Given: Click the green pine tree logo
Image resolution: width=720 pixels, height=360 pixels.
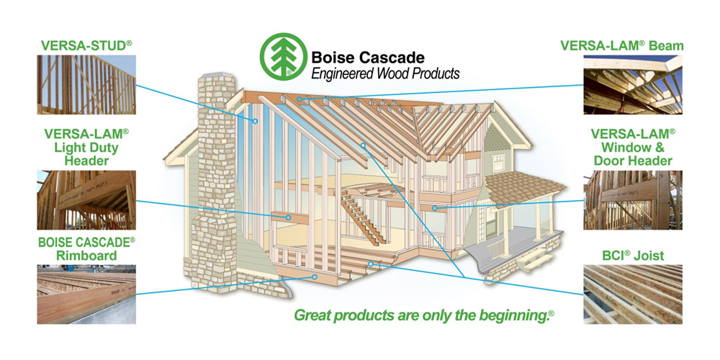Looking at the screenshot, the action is point(283,56).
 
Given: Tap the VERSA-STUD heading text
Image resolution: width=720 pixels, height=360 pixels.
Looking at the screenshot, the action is point(86,45).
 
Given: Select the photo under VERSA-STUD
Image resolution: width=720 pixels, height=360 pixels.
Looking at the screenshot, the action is point(86,84).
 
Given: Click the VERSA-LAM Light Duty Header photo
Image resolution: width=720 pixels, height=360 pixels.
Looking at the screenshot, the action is point(86,200).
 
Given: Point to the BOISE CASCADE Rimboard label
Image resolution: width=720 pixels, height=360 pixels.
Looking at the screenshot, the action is point(86,248).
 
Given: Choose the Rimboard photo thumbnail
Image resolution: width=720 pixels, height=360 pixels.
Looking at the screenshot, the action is point(86,294).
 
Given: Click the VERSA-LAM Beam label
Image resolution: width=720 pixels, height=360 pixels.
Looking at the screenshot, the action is point(622,45).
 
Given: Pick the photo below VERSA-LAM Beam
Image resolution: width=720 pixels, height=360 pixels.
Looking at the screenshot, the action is point(633,84).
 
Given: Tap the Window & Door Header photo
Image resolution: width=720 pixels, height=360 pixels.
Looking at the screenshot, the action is point(633,200).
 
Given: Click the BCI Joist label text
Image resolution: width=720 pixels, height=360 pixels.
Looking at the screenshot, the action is point(633,256).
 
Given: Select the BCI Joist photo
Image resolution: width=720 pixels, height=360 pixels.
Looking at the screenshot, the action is point(633,294).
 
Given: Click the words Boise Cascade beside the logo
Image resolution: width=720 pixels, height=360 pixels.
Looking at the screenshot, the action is point(368,58).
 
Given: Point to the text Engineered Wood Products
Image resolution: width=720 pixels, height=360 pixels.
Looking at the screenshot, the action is point(385,73).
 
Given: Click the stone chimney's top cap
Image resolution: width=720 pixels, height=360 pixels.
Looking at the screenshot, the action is point(216,75).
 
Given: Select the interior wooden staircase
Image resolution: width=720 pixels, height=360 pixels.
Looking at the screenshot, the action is point(363,218).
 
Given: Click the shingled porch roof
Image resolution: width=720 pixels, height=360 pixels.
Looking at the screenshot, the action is point(524,188).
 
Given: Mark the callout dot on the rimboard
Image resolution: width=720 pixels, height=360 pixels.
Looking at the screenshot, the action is point(315,276).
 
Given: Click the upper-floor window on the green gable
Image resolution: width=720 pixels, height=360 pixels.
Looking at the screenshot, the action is point(498,163).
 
